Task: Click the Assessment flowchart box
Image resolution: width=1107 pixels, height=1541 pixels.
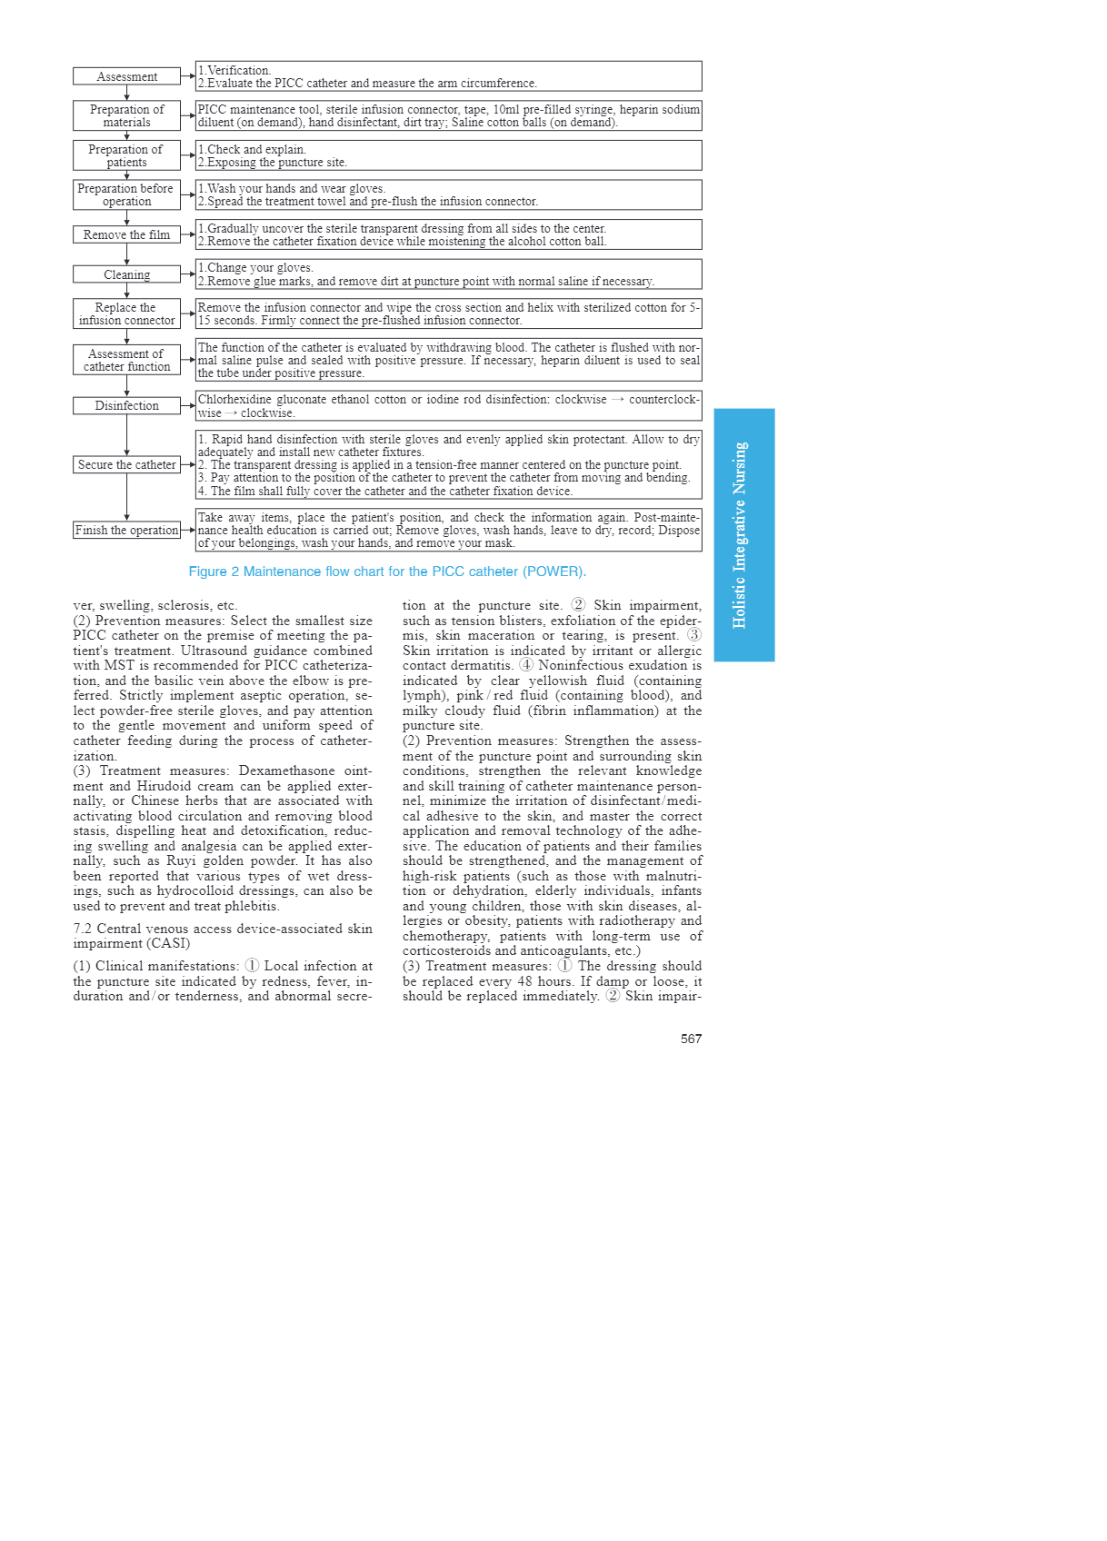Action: pos(126,76)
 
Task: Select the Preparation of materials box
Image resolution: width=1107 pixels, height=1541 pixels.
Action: pos(126,115)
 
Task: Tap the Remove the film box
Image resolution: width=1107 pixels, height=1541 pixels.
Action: pos(126,234)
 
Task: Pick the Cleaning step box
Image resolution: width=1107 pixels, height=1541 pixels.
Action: pos(126,274)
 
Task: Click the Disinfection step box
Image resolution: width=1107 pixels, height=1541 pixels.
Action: pos(126,405)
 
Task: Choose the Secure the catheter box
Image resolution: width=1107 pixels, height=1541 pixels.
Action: pos(126,464)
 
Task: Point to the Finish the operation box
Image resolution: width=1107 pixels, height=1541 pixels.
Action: pos(126,530)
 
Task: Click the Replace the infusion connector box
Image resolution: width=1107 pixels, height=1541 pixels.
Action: pos(126,313)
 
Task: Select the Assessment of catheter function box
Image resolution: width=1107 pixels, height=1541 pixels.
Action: pos(126,360)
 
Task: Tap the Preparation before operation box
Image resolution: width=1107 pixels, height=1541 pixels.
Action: pos(126,194)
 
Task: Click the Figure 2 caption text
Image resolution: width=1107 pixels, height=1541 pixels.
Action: pos(387,572)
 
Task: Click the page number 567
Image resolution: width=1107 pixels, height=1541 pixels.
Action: pos(691,1039)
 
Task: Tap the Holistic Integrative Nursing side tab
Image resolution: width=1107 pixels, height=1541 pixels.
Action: pos(743,534)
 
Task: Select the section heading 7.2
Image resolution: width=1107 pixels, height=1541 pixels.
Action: pos(223,936)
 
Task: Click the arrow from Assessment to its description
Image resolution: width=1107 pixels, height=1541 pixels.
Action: pos(188,76)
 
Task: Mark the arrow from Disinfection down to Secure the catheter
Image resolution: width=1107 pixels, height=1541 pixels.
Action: pos(126,434)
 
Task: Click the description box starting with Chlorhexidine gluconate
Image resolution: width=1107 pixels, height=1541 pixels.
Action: pos(448,406)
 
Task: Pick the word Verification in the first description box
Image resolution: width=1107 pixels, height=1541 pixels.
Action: pos(238,70)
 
